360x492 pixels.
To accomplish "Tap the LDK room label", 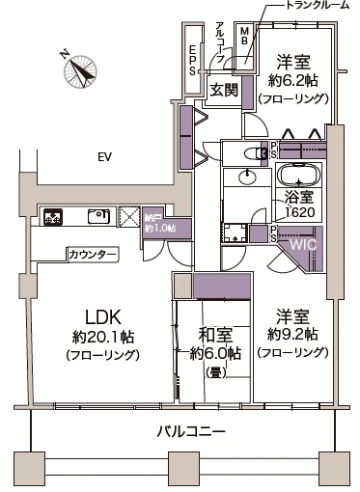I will click(101, 317).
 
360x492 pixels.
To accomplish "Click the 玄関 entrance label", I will click(225, 90).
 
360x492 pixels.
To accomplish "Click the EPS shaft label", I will click(193, 58).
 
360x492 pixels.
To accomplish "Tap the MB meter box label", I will click(244, 36).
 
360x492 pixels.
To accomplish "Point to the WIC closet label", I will click(303, 245).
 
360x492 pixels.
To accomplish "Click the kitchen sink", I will click(97, 216).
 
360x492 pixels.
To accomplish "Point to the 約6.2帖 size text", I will click(291, 79).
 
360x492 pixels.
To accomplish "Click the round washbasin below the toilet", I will click(248, 177).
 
